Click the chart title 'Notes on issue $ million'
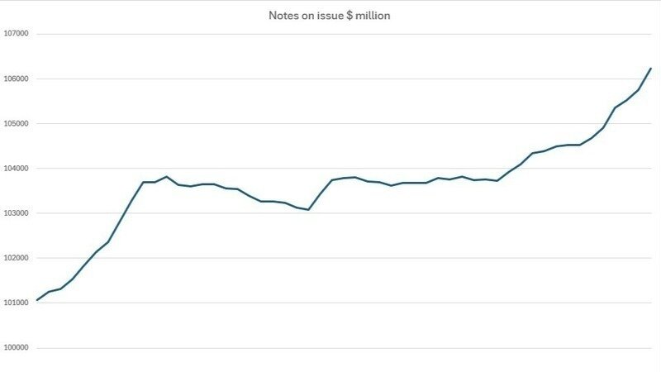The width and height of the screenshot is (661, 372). [330, 15]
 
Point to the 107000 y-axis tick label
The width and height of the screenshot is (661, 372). [17, 34]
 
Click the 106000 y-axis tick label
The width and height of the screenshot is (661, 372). [17, 79]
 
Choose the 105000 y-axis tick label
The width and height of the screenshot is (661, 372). [17, 123]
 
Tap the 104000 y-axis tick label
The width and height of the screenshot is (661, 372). [17, 168]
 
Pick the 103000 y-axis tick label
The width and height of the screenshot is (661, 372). [17, 212]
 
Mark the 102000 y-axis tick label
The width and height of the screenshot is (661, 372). [17, 257]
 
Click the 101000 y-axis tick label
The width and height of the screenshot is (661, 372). [17, 302]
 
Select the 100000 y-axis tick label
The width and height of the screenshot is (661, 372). [17, 347]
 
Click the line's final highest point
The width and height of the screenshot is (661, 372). [650, 68]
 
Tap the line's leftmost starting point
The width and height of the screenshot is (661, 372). [37, 300]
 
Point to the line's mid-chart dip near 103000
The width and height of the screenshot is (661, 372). [308, 210]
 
